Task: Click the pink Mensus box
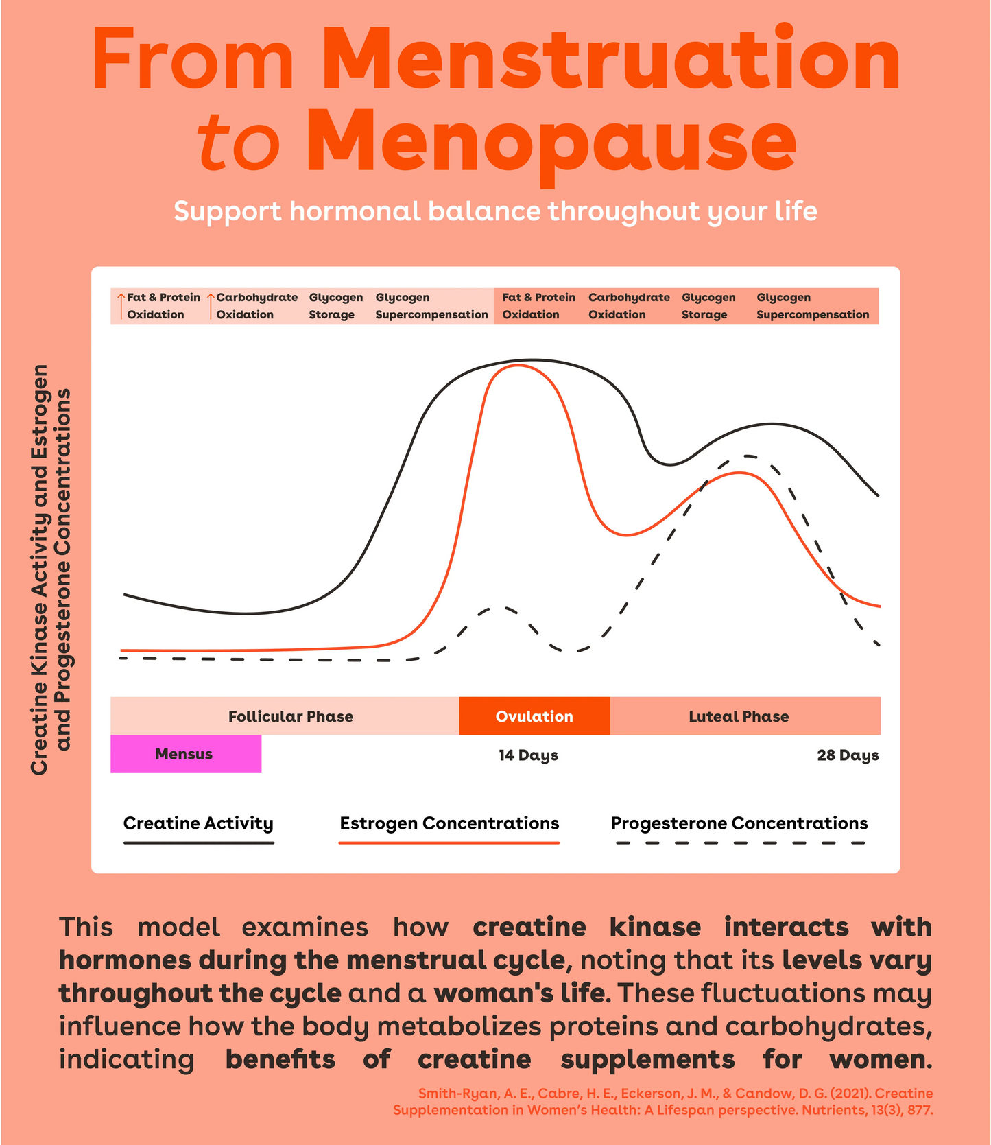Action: pos(186,754)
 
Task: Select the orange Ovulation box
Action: pos(534,716)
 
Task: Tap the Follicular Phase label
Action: pos(291,717)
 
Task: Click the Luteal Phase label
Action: pos(739,717)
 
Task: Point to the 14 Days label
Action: pos(528,755)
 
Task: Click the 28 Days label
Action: pos(848,755)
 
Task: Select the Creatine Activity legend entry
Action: pos(198,827)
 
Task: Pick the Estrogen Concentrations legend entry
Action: pos(449,827)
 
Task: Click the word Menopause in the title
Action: pos(551,142)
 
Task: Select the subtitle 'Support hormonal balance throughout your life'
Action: pos(495,211)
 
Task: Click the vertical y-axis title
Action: pos(51,569)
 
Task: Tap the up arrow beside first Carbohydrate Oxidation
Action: pos(211,306)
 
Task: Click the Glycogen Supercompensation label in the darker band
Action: pos(813,306)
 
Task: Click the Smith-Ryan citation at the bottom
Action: pos(662,1101)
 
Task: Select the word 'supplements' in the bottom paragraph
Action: pos(647,1060)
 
